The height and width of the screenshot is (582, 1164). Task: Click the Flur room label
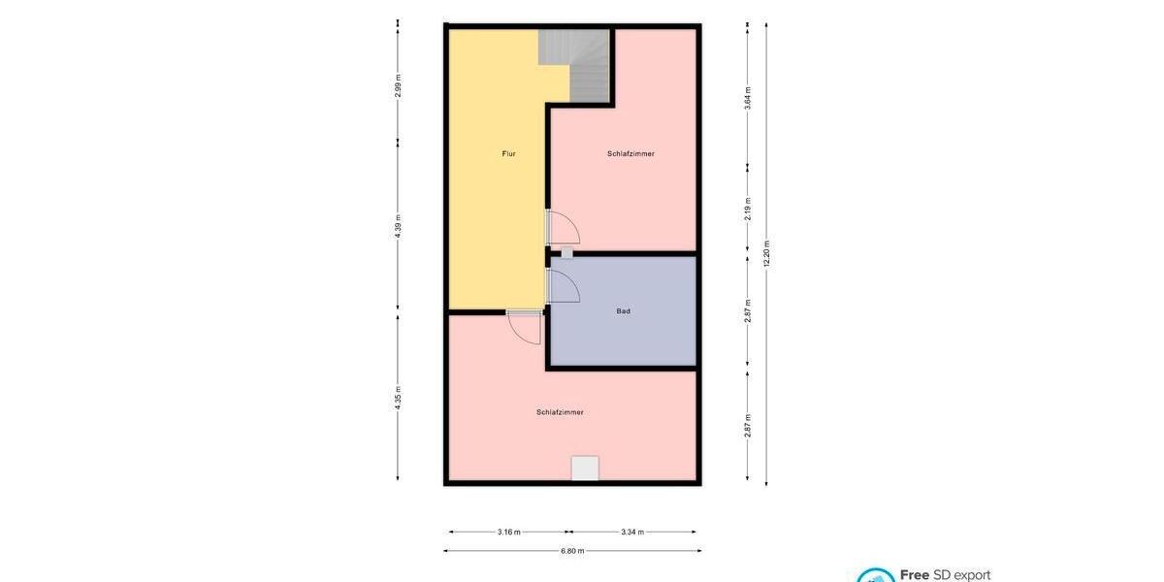508,153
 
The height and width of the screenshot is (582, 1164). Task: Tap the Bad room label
624,311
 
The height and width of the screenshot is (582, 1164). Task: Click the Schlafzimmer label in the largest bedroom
560,412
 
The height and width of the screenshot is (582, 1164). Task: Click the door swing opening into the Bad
564,286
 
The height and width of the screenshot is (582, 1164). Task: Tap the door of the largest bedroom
525,327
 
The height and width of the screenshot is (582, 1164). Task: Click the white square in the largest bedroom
585,469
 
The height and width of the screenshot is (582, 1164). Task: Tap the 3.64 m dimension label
748,98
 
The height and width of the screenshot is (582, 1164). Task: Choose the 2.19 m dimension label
748,210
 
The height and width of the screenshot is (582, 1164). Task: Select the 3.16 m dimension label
508,532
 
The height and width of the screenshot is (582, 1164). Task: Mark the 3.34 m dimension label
631,532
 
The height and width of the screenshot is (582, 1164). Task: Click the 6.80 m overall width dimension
572,551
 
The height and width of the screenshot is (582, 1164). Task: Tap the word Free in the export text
915,575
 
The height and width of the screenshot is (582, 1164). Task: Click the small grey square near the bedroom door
566,253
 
